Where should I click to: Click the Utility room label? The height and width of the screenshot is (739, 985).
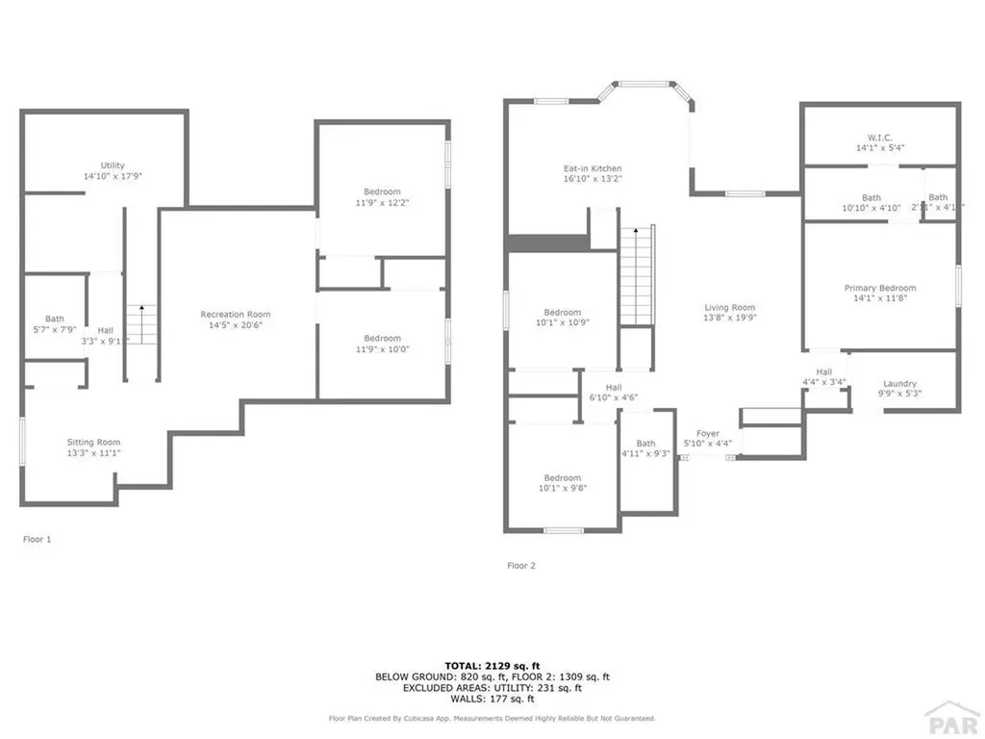pos(113,166)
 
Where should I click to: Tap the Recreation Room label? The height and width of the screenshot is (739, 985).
pos(236,315)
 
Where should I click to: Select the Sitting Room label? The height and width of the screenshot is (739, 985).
pos(93,442)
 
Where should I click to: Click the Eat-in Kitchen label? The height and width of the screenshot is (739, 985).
pos(593,169)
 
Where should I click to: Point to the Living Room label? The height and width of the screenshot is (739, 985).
pos(730,308)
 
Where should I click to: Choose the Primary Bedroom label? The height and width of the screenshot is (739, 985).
pos(880,288)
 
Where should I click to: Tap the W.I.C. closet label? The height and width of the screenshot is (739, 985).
pos(880,136)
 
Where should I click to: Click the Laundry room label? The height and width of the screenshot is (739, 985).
pos(899,384)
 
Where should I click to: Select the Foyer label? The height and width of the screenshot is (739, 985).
pos(708,434)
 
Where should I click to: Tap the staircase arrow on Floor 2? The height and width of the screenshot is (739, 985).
pos(634,232)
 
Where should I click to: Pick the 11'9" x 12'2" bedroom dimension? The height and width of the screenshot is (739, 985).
pos(382,203)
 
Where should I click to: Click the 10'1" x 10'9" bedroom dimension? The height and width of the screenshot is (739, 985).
pos(563,323)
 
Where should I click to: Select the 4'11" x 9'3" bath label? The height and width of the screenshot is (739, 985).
pos(645,454)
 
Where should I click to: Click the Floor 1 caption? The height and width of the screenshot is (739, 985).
pos(37,540)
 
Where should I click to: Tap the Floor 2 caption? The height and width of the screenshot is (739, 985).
pos(521,566)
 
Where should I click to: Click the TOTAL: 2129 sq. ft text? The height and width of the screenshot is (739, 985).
pos(492,665)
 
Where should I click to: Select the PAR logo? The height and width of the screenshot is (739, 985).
pos(951,717)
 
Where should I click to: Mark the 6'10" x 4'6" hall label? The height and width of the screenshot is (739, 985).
pos(614,397)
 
